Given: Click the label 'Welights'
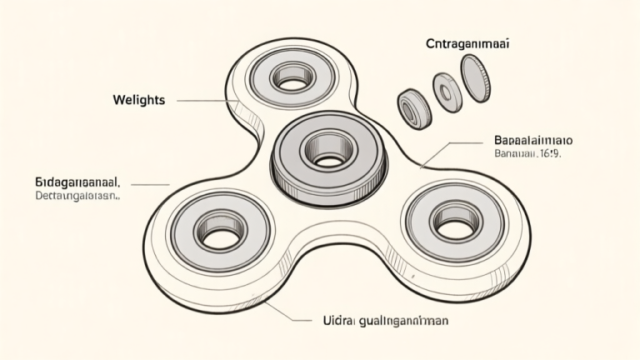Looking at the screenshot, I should pyautogui.click(x=138, y=100).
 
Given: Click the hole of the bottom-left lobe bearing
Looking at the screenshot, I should pyautogui.click(x=219, y=237).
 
